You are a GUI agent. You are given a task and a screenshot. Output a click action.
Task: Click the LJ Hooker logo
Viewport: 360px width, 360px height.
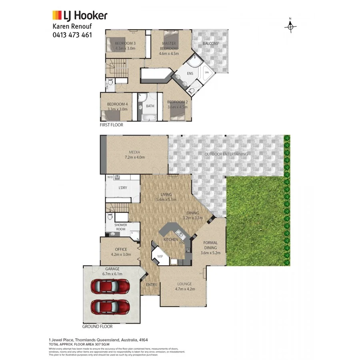point(80,16)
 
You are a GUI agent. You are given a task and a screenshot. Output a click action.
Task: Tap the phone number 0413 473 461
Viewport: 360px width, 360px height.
point(72,35)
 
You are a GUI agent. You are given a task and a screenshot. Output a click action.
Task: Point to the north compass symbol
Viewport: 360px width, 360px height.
point(291,26)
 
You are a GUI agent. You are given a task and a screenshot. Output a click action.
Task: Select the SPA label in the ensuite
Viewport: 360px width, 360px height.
point(207,73)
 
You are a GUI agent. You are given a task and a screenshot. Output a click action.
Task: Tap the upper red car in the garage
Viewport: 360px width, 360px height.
point(110,286)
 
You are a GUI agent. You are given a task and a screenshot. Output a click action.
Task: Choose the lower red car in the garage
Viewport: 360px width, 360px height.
point(110,307)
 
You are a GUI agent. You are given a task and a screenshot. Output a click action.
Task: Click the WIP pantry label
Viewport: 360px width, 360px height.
point(160,256)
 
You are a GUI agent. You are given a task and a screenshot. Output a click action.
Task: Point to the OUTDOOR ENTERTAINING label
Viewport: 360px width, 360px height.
point(226,154)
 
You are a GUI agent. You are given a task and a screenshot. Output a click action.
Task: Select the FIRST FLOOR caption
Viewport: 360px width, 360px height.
point(112,125)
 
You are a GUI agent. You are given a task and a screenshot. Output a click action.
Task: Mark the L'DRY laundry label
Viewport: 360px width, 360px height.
point(122,188)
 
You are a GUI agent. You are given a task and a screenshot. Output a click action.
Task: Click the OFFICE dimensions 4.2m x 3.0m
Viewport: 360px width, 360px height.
point(120,254)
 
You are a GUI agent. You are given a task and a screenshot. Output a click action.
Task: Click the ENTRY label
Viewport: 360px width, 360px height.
point(151,285)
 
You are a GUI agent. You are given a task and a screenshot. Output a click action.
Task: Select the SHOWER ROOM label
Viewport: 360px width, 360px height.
point(121,227)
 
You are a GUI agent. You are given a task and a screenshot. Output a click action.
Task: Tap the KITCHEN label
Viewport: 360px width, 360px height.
point(171,239)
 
